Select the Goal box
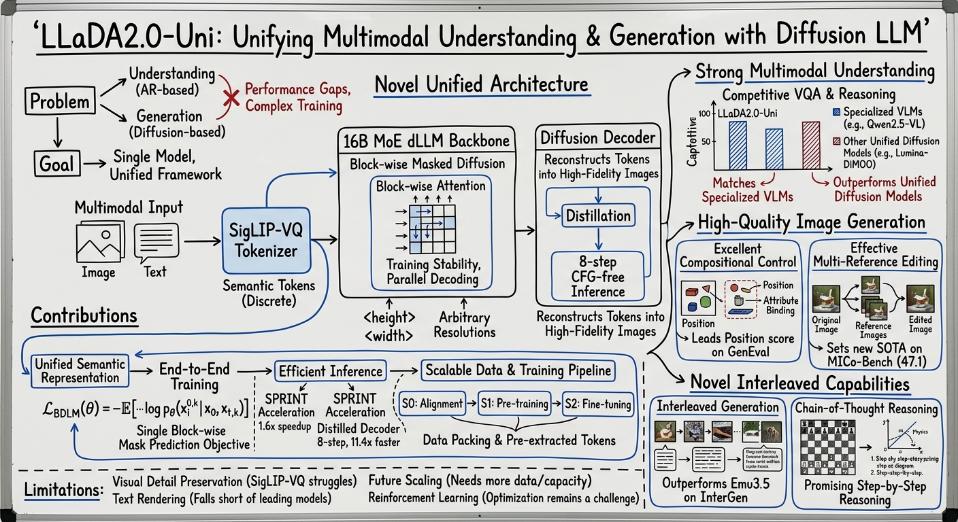click(x=56, y=164)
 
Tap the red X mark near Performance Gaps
click(x=231, y=98)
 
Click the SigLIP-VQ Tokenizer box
click(x=266, y=241)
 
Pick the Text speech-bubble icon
click(x=154, y=242)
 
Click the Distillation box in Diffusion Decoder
click(x=598, y=216)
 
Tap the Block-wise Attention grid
click(x=425, y=229)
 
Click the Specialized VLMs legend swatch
click(x=836, y=111)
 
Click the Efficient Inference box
click(x=331, y=371)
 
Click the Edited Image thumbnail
click(x=920, y=298)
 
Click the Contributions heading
click(x=84, y=316)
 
